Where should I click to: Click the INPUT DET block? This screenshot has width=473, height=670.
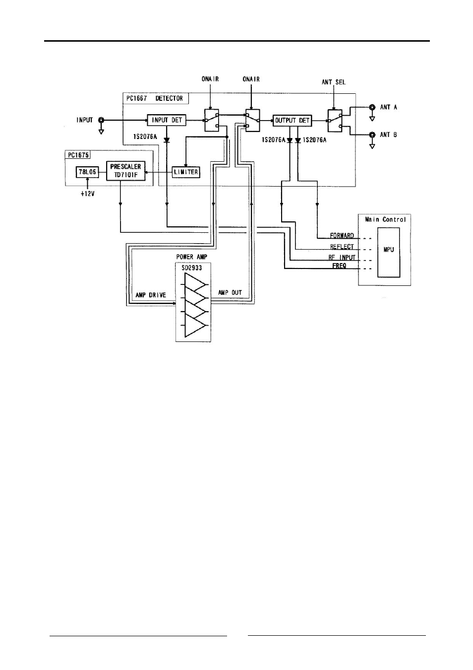(x=167, y=120)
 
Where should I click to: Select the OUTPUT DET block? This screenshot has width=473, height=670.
(x=292, y=121)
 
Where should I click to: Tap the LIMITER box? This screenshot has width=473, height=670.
(x=186, y=172)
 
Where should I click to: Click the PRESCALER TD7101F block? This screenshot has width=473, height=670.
(x=126, y=171)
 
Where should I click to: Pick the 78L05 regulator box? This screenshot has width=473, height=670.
(x=87, y=172)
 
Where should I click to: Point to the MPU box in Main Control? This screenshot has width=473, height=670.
(x=388, y=253)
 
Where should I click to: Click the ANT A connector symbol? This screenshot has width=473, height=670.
(x=372, y=107)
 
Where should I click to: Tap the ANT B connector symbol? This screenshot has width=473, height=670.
(x=372, y=135)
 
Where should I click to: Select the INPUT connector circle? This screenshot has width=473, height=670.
(x=101, y=120)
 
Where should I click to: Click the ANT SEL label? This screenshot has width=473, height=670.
(x=334, y=82)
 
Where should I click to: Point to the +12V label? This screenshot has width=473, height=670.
(x=88, y=194)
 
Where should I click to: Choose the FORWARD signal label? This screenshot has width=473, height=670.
(x=342, y=235)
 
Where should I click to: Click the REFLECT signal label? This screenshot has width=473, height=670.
(x=342, y=247)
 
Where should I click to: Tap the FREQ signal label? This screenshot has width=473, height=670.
(x=339, y=266)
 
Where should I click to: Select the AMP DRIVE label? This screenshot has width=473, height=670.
(x=151, y=295)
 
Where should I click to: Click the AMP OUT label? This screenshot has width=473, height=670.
(x=230, y=292)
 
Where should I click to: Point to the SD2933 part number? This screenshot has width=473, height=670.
(x=192, y=268)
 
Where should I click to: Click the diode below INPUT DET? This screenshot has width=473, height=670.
(x=167, y=139)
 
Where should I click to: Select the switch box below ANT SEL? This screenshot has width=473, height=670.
(x=335, y=121)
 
